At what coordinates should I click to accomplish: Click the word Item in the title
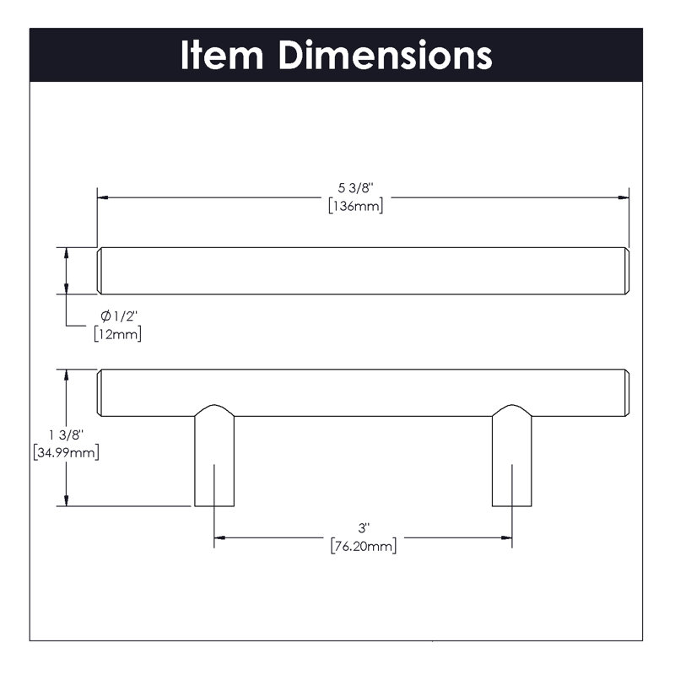[222, 55]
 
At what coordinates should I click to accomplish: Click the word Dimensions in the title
[386, 55]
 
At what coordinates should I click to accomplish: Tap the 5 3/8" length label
[355, 188]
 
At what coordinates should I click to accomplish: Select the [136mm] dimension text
[355, 206]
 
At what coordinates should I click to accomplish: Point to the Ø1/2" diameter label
[119, 316]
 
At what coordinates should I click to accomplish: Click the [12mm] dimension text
[117, 334]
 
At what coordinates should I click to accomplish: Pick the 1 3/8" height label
[66, 435]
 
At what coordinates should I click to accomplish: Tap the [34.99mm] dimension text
[67, 452]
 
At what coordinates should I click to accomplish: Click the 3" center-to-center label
[364, 528]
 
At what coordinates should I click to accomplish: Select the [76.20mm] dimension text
[364, 546]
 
